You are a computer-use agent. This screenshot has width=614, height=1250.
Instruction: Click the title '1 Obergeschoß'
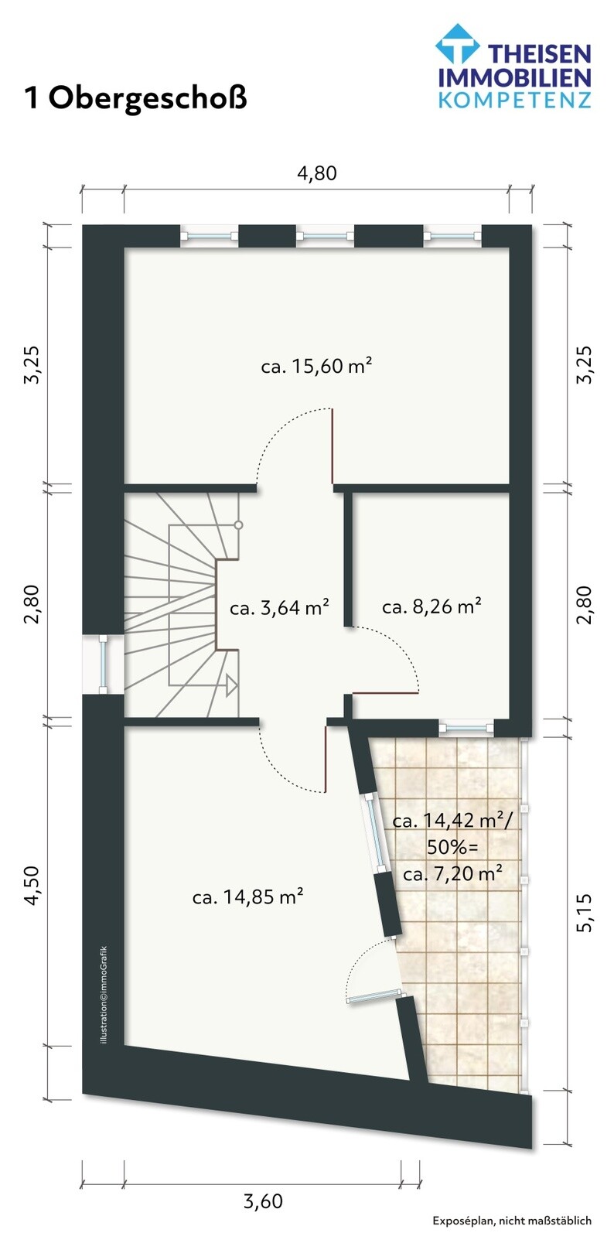pyautogui.click(x=136, y=98)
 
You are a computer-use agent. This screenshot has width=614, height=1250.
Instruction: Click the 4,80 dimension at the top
pyautogui.click(x=317, y=173)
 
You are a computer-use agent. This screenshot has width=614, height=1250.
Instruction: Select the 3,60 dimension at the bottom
pyautogui.click(x=263, y=1201)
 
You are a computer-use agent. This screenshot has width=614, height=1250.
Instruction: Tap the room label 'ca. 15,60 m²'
pyautogui.click(x=317, y=366)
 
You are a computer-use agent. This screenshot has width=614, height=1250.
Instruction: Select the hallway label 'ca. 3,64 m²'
pyautogui.click(x=279, y=608)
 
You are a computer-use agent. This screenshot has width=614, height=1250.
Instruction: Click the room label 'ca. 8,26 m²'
pyautogui.click(x=432, y=606)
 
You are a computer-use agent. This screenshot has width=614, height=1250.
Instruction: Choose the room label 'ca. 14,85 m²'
pyautogui.click(x=247, y=897)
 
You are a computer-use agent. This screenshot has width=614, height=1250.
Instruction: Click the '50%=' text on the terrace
pyautogui.click(x=452, y=848)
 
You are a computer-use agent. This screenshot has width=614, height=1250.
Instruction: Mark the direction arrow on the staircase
pyautogui.click(x=230, y=685)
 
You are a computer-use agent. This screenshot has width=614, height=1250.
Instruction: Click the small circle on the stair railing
pyautogui.click(x=239, y=525)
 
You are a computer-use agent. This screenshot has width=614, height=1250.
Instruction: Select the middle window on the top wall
pyautogui.click(x=325, y=235)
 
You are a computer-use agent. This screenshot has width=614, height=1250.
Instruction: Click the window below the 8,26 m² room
pyautogui.click(x=466, y=727)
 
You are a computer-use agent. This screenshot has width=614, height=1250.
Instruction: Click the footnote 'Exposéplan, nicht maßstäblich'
pyautogui.click(x=512, y=1221)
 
